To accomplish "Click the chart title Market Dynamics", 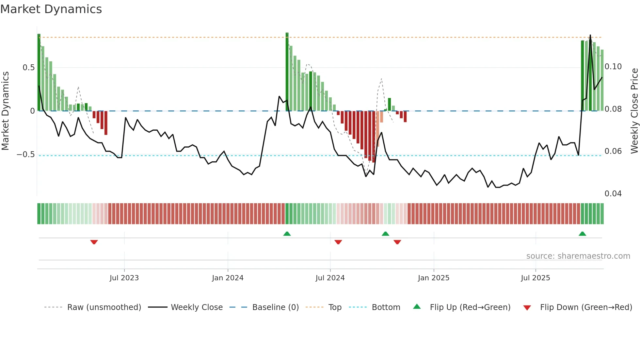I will pos(51,9).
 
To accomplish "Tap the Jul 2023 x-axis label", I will pos(124,278).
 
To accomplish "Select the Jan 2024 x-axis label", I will pos(228,278).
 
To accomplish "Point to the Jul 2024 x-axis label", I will pos(330,278).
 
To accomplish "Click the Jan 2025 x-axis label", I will pos(434,278).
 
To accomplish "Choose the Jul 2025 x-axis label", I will pos(536,278).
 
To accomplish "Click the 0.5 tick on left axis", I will pos(29,68).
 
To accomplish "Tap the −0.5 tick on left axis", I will pos(26,155).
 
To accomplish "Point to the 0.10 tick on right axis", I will pos(613,67).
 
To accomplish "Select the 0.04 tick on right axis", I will pos(613,194).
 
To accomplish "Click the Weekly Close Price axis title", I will pos(634,111).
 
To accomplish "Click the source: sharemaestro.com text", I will pos(578,256).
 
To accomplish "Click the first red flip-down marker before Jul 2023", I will pos(94,242).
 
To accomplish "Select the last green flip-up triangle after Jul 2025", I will pos(582,234).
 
